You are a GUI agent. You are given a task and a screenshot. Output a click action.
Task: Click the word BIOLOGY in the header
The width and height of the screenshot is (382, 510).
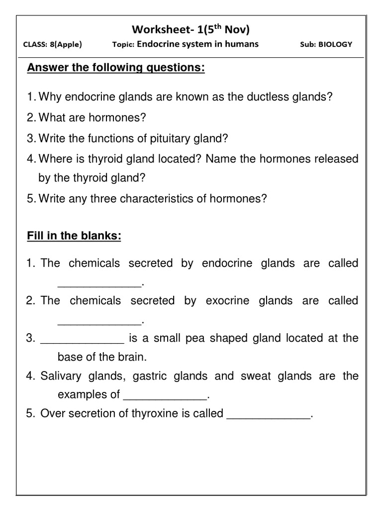335,44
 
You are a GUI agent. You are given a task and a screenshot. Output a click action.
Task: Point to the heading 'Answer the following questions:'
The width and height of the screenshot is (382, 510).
116,68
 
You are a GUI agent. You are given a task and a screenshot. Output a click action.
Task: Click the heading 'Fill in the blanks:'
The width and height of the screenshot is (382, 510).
74,236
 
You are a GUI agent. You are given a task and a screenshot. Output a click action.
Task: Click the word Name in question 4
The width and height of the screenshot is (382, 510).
219,159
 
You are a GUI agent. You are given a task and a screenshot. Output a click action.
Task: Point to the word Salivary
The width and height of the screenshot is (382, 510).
60,376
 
